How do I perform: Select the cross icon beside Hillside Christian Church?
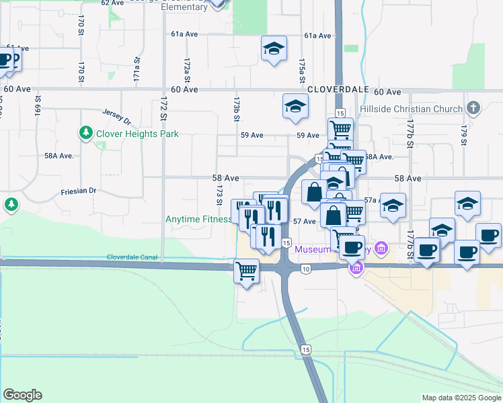click(473, 107)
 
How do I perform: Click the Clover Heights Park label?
click(137, 134)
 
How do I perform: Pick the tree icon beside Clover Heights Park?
click(86, 133)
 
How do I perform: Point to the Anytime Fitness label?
click(198, 219)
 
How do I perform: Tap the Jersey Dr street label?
click(116, 116)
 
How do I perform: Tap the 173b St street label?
click(237, 108)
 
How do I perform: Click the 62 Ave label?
click(113, 3)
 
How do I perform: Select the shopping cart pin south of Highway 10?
click(247, 271)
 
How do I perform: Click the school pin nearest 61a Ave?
click(274, 48)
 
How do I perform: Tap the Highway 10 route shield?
click(306, 269)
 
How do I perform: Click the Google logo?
click(22, 395)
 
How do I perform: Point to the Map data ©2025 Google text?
click(461, 398)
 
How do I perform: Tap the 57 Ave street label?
click(305, 221)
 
